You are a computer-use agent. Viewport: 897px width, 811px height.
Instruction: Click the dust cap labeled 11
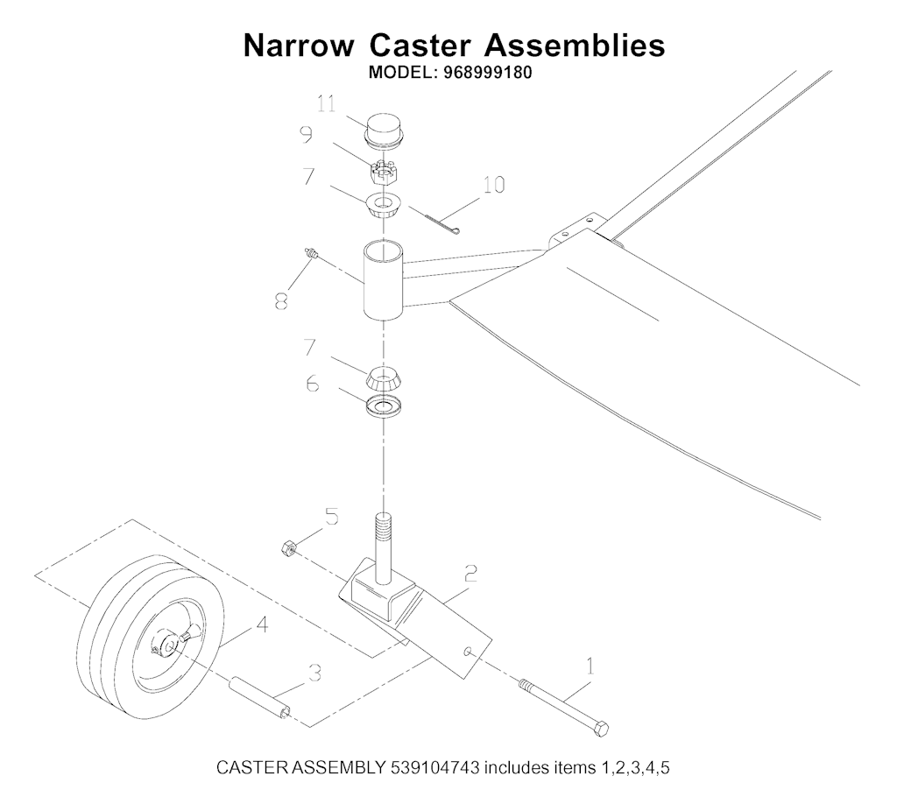384,132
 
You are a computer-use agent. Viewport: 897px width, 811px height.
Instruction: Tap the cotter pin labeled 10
443,223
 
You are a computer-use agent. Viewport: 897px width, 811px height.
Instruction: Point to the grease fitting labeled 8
310,252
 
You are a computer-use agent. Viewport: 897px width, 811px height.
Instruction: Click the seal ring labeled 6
383,406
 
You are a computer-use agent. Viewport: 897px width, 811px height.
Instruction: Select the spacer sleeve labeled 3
260,697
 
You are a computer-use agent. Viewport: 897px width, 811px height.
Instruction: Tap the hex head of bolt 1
601,730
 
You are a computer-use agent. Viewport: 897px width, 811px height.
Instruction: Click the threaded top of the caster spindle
385,528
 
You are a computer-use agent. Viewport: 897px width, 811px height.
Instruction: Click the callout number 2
470,573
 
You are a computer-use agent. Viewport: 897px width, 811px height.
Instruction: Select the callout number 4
262,625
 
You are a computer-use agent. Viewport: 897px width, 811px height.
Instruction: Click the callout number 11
327,105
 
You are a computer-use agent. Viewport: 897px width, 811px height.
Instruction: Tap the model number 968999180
487,74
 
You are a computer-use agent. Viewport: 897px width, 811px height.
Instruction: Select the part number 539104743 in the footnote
434,767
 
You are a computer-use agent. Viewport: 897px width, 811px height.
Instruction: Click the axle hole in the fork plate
469,652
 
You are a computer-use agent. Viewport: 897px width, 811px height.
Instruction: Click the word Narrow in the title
299,46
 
